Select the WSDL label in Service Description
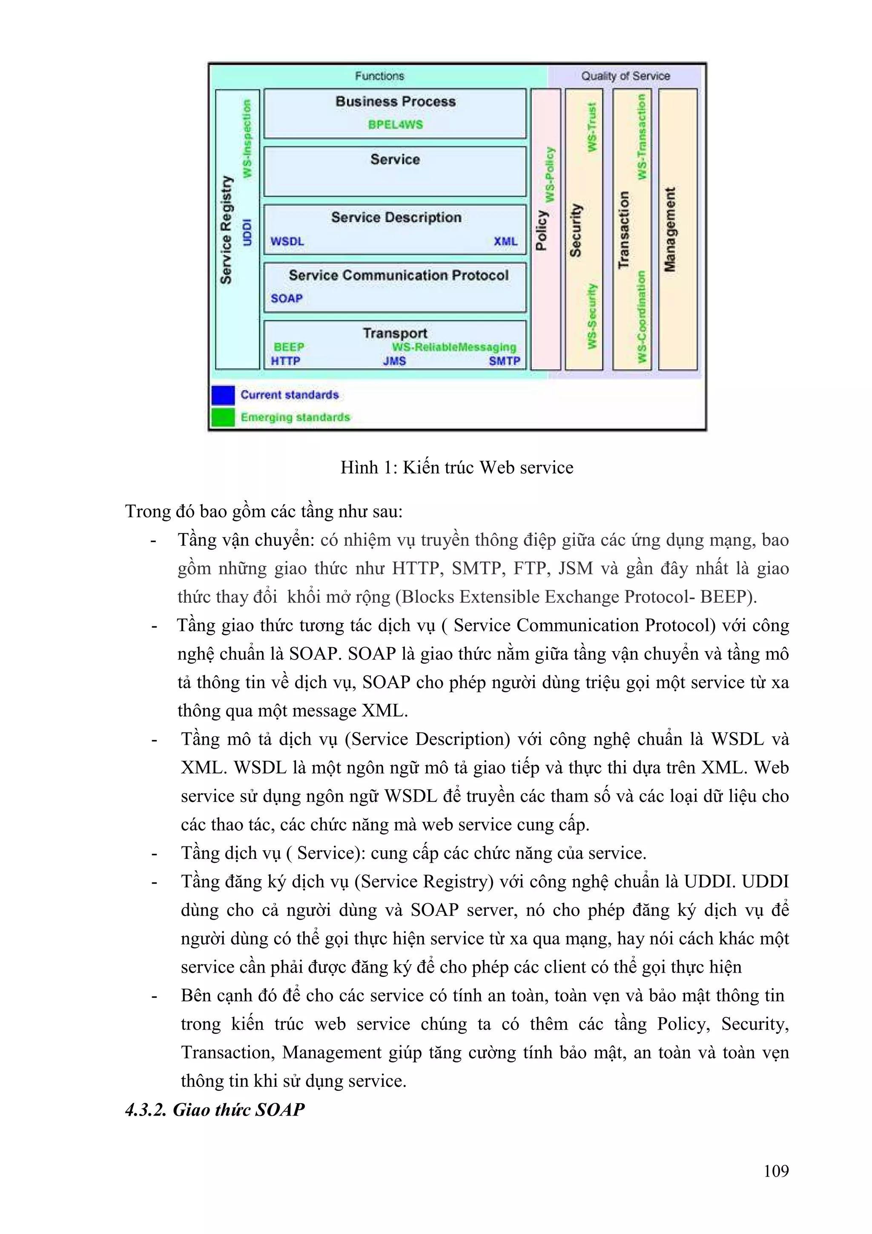click(287, 241)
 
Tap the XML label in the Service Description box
click(505, 241)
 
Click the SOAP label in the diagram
click(287, 298)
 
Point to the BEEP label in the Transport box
click(289, 347)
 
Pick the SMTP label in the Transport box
click(504, 361)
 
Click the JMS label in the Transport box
click(394, 361)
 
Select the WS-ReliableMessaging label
click(453, 347)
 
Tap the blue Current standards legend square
click(223, 395)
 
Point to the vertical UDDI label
click(247, 232)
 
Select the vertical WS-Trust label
click(591, 127)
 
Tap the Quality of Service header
click(625, 76)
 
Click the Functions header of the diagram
click(379, 76)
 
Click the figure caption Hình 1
click(457, 468)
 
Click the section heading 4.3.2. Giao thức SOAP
click(215, 1109)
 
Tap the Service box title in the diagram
click(395, 160)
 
